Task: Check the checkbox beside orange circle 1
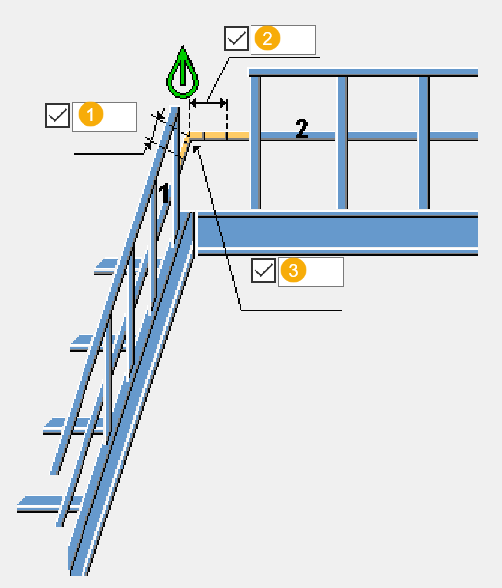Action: point(57,115)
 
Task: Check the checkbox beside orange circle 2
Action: point(236,38)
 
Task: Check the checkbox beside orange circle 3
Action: point(263,270)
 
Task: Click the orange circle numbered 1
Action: point(90,115)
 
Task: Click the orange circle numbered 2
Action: point(267,38)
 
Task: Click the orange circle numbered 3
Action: point(294,270)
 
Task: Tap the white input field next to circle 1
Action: point(104,117)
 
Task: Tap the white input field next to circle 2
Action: point(283,40)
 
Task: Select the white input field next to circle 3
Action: point(311,272)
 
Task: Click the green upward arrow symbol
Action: point(182,73)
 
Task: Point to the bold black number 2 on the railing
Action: point(302,129)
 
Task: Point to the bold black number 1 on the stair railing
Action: point(164,193)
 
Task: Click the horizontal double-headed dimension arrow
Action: point(208,102)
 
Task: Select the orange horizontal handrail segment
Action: point(219,135)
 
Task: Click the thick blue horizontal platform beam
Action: point(338,233)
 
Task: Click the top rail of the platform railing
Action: point(363,73)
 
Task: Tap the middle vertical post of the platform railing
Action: point(343,142)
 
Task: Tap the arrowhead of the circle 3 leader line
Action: point(196,149)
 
